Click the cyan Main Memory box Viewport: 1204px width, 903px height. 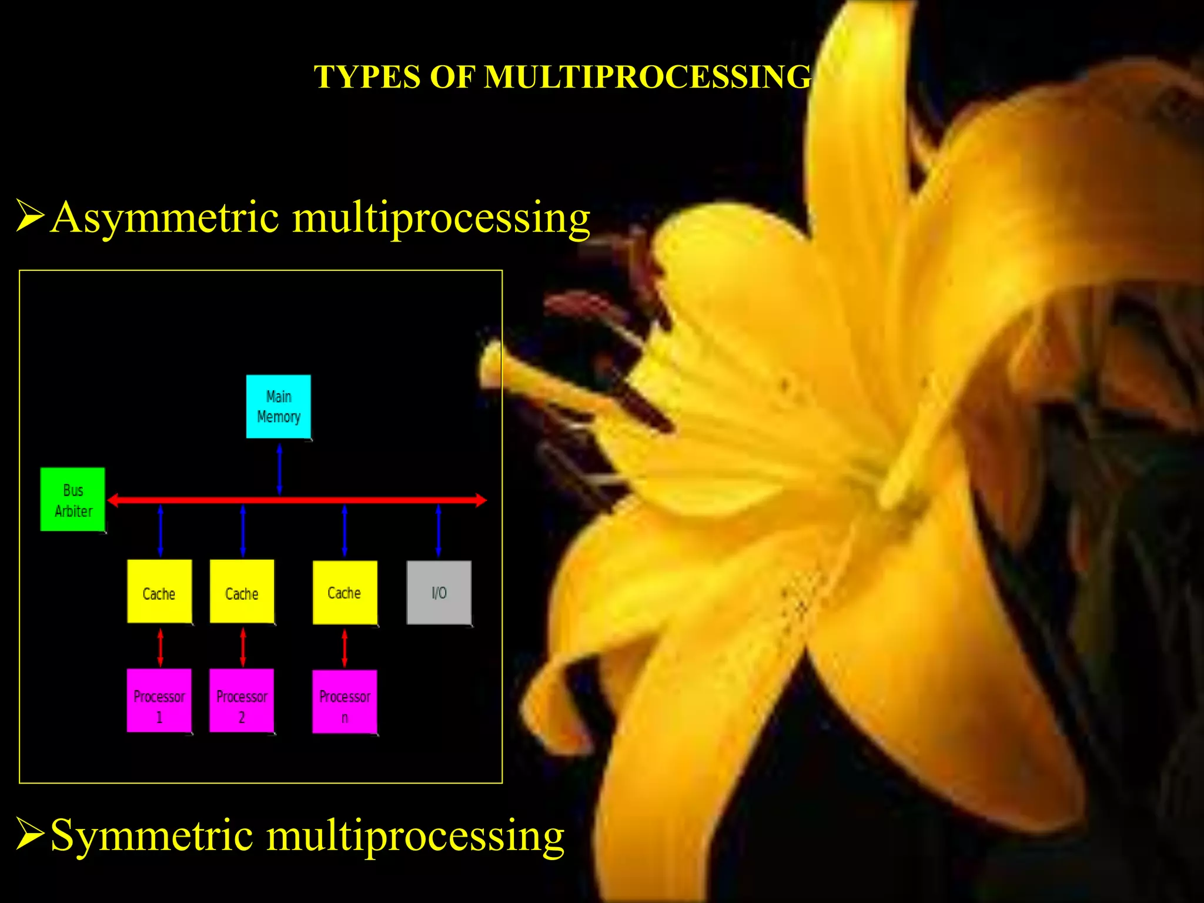click(x=278, y=406)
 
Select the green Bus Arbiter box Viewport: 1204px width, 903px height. click(x=73, y=500)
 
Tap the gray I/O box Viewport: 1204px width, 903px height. click(x=439, y=593)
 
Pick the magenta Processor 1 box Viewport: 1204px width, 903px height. click(x=159, y=701)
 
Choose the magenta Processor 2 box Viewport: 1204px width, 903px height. click(x=242, y=701)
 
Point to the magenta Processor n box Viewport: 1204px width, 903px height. click(x=345, y=702)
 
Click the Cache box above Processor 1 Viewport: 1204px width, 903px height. click(x=159, y=592)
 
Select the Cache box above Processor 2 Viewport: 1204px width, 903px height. click(x=242, y=592)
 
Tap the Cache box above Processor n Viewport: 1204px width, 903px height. click(x=345, y=593)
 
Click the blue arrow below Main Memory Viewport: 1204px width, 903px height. click(x=279, y=469)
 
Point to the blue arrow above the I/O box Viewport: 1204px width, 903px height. click(x=439, y=530)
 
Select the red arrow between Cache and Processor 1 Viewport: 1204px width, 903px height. click(x=160, y=647)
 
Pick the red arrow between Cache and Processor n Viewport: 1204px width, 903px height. click(x=345, y=648)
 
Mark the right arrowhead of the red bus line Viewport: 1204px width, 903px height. click(x=481, y=500)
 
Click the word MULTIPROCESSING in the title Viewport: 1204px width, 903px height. click(x=647, y=77)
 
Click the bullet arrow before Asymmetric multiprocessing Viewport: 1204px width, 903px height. click(x=30, y=216)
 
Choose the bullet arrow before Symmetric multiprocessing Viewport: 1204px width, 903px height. click(x=30, y=834)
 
